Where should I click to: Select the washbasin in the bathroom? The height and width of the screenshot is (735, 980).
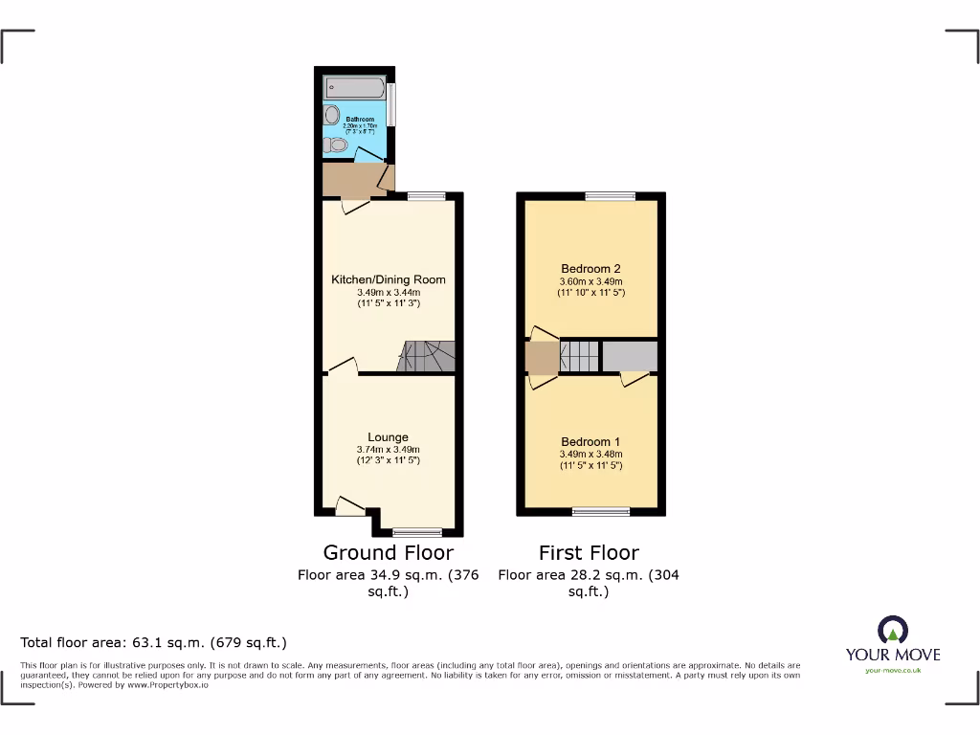(331, 116)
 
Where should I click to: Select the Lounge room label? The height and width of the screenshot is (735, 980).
(388, 437)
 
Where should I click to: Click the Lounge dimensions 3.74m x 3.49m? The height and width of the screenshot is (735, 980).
(388, 450)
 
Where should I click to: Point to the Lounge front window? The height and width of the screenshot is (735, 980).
(416, 532)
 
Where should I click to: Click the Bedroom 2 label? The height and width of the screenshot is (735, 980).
(590, 269)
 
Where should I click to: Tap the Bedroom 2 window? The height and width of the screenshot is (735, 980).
(610, 196)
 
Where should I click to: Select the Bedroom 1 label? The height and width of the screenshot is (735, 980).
(590, 442)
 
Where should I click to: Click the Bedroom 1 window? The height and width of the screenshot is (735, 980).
(601, 511)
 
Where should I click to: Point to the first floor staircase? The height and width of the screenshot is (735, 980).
(578, 355)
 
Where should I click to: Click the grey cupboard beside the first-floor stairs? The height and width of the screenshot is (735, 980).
(629, 355)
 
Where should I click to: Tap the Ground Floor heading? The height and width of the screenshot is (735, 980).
(388, 552)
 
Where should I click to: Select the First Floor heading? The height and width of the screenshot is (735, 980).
(589, 552)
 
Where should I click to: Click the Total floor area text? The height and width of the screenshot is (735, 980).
(154, 642)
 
